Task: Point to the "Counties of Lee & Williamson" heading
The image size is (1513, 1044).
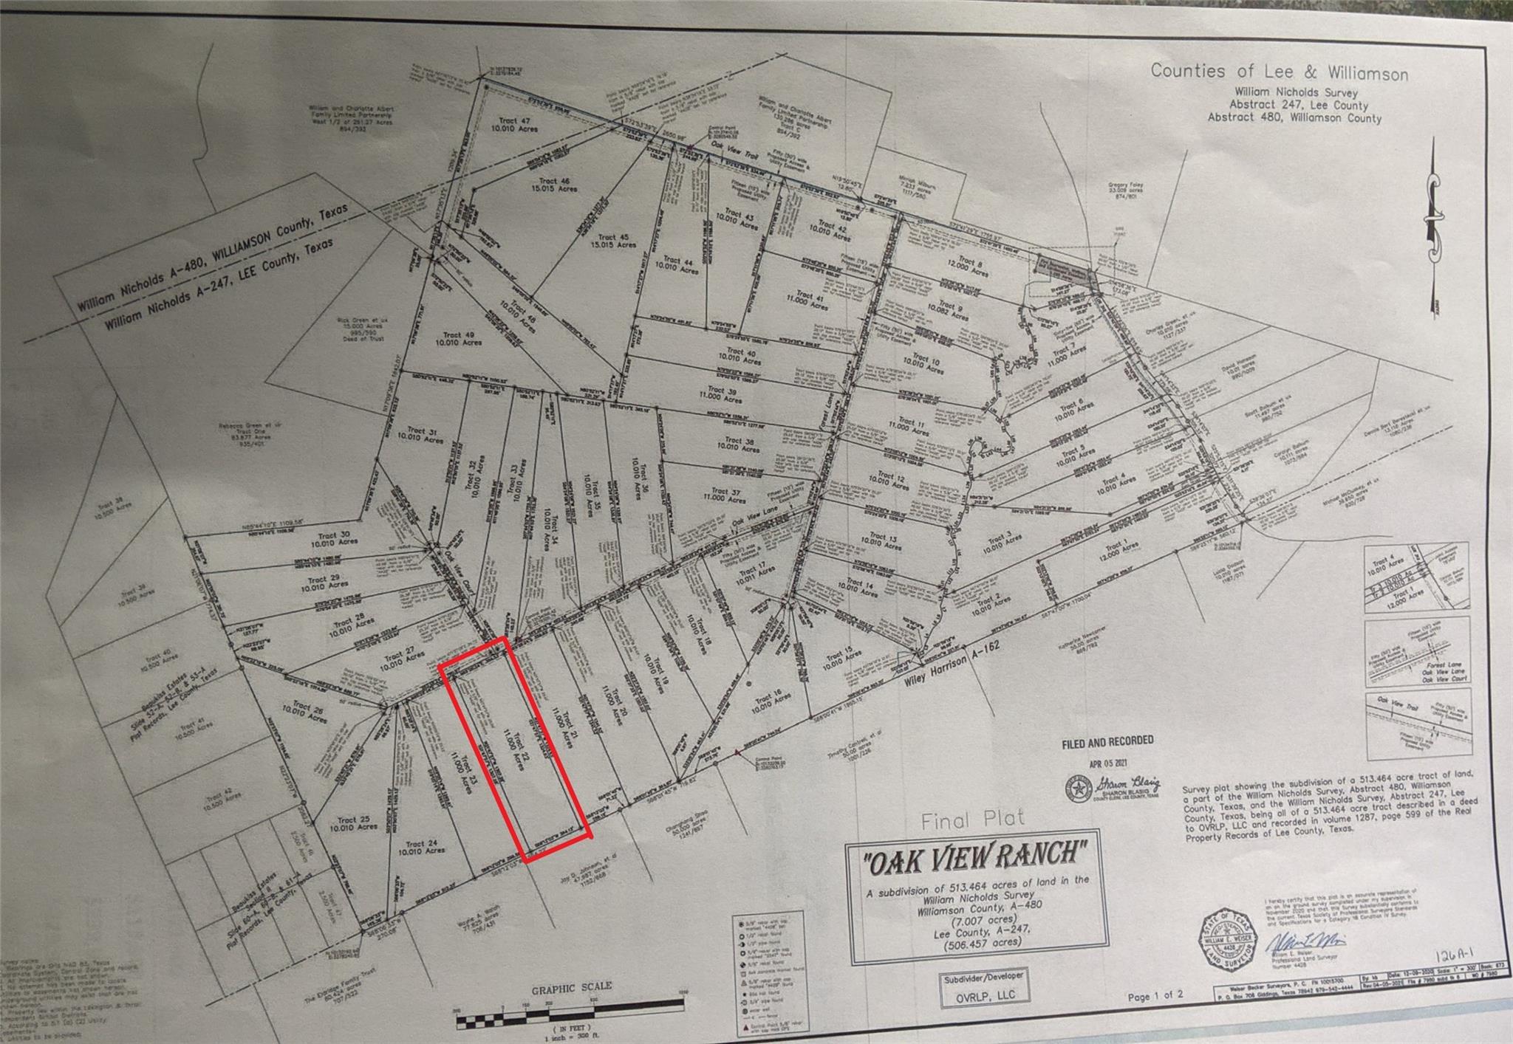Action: [x=1279, y=72]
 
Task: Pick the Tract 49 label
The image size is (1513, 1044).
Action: [x=459, y=338]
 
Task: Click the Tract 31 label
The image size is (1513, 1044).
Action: [x=421, y=435]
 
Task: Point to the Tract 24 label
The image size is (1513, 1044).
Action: [x=421, y=847]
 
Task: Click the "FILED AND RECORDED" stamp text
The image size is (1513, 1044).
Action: [x=1107, y=742]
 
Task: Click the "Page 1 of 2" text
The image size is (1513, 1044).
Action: [x=1155, y=996]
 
